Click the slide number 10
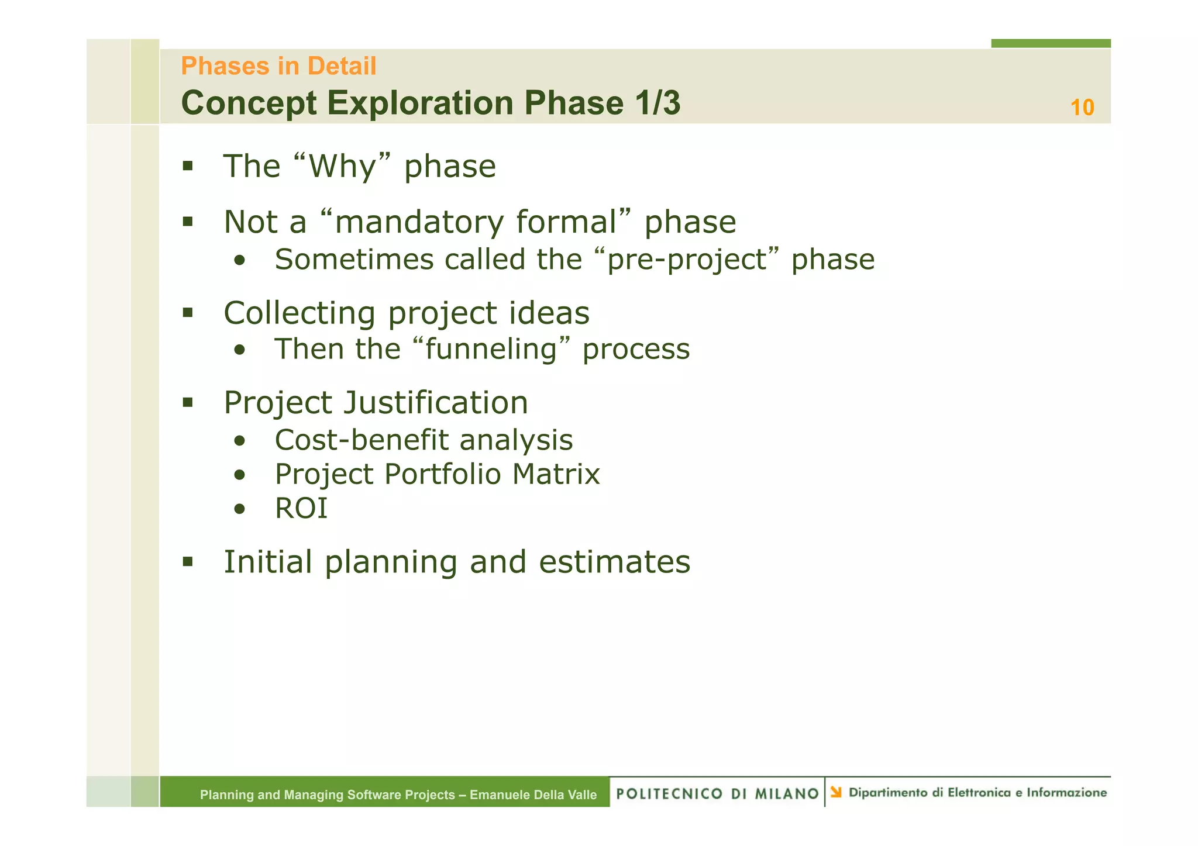[1082, 108]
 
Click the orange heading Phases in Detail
[278, 66]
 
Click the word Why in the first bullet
[342, 167]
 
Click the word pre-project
[687, 260]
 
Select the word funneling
[491, 349]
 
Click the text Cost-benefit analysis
[424, 440]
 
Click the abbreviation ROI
[301, 508]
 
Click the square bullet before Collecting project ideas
[188, 312]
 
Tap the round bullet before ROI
[239, 509]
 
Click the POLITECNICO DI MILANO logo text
[717, 793]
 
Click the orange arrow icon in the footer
[836, 792]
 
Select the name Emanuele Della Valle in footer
[533, 795]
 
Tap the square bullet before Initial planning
[188, 562]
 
